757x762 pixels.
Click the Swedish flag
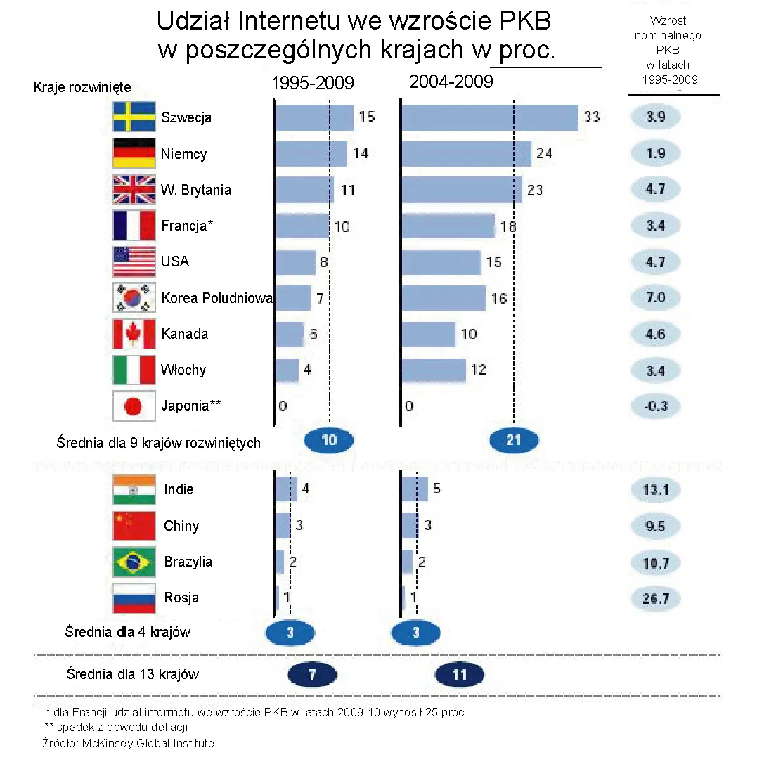click(134, 117)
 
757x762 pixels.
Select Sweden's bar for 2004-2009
click(490, 117)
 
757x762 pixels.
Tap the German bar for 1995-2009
click(311, 154)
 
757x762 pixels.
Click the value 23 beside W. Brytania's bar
click(535, 190)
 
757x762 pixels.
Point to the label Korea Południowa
click(216, 298)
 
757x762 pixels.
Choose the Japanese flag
click(134, 406)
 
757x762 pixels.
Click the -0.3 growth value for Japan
click(655, 406)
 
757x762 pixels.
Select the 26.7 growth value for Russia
click(655, 598)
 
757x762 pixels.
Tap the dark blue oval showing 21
click(514, 441)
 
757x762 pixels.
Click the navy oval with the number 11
click(460, 675)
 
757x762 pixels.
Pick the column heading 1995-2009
click(313, 84)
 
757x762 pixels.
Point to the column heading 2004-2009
click(451, 82)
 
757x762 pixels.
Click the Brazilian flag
click(134, 562)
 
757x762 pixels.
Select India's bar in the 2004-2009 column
click(415, 489)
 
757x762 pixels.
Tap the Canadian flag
click(134, 334)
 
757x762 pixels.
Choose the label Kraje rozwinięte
click(82, 87)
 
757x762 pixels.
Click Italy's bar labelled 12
click(434, 370)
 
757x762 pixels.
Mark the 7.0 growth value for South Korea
click(655, 298)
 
